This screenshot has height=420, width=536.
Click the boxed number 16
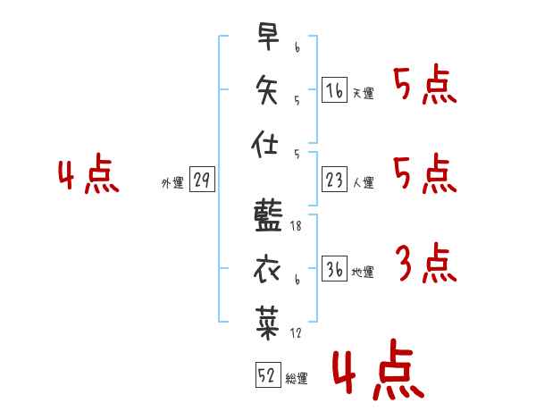pos(334,90)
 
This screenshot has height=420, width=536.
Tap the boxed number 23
pos(334,181)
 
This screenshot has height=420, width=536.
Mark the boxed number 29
pos(201,181)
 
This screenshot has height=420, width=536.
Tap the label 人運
pos(363,183)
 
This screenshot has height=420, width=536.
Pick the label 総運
pos(297,378)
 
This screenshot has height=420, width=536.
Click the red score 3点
pos(424,265)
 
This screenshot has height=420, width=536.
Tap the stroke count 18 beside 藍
pos(297,227)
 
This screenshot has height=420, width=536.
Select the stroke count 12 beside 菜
pos(297,333)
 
